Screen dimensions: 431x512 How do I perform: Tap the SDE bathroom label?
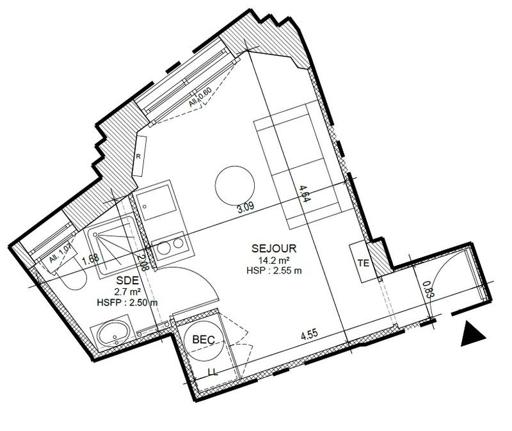pyautogui.click(x=125, y=281)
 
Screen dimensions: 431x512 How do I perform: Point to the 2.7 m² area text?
pyautogui.click(x=125, y=292)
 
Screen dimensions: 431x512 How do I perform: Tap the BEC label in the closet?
pyautogui.click(x=203, y=339)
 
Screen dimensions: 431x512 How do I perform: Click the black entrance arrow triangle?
pyautogui.click(x=473, y=334)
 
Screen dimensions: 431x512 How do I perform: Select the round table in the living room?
pyautogui.click(x=233, y=185)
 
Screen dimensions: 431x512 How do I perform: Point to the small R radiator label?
pyautogui.click(x=138, y=156)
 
